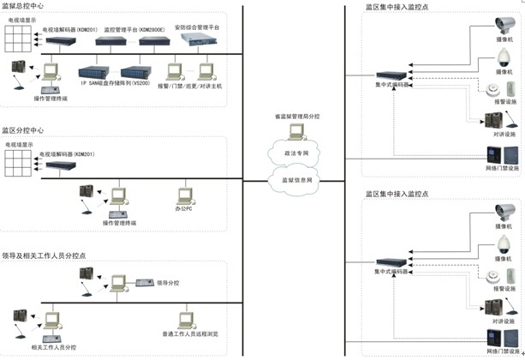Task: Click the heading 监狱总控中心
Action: point(23,6)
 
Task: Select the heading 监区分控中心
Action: point(23,130)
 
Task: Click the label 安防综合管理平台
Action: point(198,28)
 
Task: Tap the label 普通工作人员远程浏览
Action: point(190,333)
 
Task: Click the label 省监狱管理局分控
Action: point(294,117)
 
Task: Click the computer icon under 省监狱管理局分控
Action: point(295,131)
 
